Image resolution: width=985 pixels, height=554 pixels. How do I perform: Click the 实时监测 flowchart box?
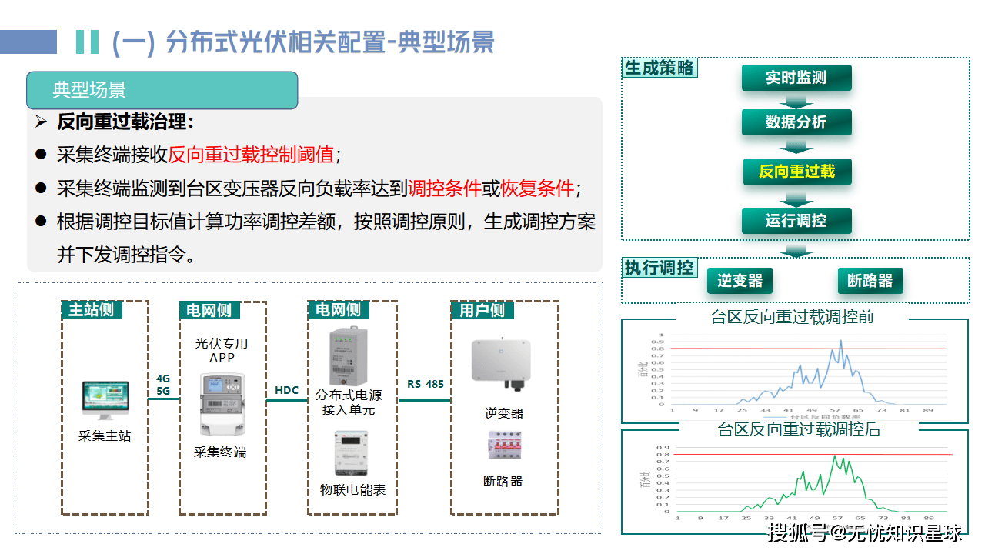tap(796, 78)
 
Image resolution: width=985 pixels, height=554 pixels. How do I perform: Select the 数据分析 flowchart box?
tap(796, 122)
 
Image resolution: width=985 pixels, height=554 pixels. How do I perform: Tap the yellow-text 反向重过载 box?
tap(796, 171)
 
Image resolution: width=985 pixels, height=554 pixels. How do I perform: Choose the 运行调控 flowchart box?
tap(796, 221)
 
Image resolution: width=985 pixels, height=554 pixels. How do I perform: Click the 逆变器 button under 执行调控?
tap(740, 281)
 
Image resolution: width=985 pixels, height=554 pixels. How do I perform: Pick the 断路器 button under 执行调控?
tap(870, 281)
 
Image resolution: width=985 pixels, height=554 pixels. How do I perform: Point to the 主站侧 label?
tap(91, 310)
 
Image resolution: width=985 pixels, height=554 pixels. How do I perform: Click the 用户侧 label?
tap(482, 310)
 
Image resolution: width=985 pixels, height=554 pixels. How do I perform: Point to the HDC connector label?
tap(286, 390)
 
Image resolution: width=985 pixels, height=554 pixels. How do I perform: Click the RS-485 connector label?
tap(426, 383)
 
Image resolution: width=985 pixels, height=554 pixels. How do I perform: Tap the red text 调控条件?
tap(445, 188)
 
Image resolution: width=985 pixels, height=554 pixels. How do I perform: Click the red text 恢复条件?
tap(537, 188)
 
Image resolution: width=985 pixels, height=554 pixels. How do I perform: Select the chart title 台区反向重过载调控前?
tap(792, 317)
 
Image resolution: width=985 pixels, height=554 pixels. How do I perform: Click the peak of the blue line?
tap(841, 340)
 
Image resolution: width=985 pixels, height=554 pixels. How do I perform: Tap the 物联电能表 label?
tap(352, 489)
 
